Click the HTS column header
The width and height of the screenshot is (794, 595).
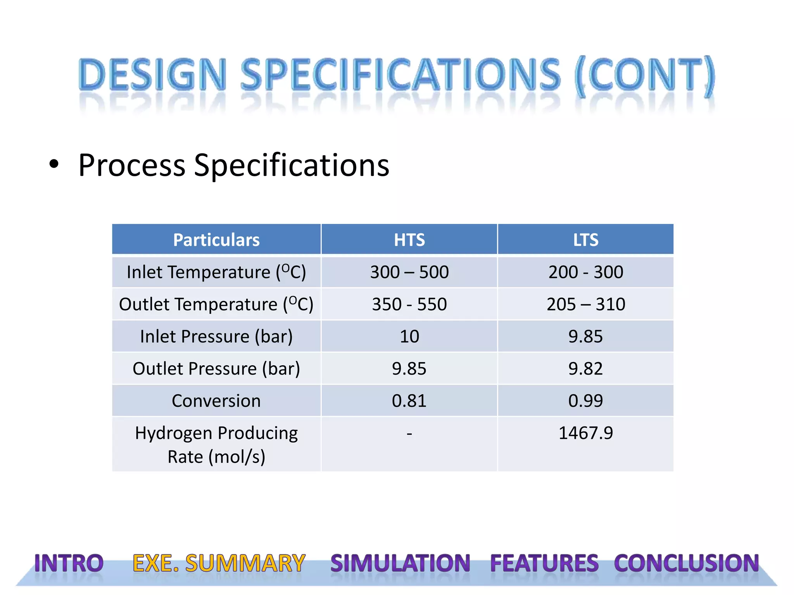409,240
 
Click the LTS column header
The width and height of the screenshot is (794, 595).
585,240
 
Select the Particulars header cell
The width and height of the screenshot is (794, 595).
216,240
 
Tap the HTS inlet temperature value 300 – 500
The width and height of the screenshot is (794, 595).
409,272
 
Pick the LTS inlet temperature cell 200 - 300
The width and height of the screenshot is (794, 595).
585,272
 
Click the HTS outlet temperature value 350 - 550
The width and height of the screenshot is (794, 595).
409,304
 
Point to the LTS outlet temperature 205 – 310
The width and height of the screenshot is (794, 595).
585,304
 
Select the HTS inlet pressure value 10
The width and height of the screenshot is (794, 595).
409,336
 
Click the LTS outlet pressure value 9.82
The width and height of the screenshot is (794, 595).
585,368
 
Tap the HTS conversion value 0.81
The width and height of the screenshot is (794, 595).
409,401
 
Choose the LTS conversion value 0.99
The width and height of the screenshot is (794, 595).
585,401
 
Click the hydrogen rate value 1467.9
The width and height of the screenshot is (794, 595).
585,433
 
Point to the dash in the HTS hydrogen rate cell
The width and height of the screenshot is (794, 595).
409,433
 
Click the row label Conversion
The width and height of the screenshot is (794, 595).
216,401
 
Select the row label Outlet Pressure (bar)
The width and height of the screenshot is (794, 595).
216,368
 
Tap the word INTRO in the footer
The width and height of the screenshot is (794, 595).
69,563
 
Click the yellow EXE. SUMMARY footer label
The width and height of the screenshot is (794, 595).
219,563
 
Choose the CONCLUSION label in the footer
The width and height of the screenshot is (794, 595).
686,563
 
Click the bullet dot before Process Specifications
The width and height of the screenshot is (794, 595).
54,165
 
